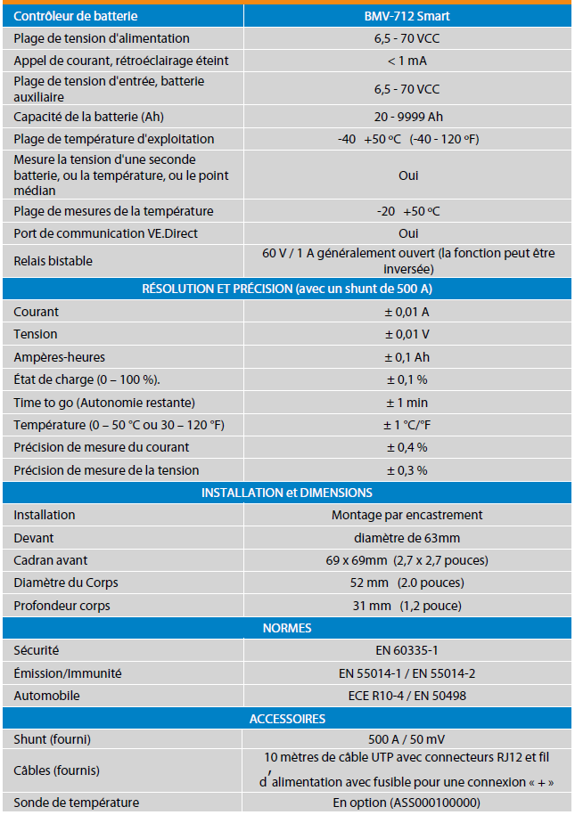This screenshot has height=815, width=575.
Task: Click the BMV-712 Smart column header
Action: [x=407, y=16]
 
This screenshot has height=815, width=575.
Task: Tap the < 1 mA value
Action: [x=407, y=61]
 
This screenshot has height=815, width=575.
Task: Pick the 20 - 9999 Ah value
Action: [x=407, y=117]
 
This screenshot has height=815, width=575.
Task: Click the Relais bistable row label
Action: [x=53, y=261]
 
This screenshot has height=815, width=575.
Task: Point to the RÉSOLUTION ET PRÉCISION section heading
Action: [x=287, y=289]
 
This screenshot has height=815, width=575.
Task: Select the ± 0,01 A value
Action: [x=407, y=312]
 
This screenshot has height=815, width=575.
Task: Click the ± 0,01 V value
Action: [x=407, y=334]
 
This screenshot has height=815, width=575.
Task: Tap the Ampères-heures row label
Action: [x=60, y=357]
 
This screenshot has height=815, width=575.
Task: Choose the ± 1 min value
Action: [x=407, y=403]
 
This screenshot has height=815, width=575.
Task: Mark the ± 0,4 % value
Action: [x=407, y=447]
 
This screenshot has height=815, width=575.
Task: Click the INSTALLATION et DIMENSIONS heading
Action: [x=287, y=493]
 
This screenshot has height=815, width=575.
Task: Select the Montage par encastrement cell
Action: [x=407, y=515]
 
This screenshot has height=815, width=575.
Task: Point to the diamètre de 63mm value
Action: [x=407, y=538]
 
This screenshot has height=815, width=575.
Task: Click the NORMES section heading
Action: [x=287, y=628]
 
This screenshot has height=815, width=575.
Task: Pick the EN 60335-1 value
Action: [x=407, y=651]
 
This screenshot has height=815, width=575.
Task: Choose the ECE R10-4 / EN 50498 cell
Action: [x=407, y=696]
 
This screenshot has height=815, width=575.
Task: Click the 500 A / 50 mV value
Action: [x=407, y=739]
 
